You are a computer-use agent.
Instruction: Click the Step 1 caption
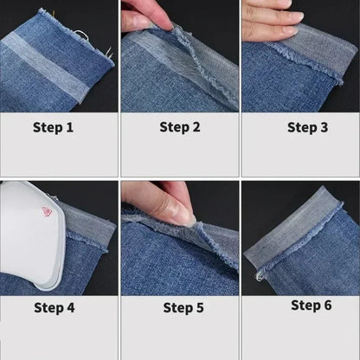coord(53,127)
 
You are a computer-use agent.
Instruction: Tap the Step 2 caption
coord(180,127)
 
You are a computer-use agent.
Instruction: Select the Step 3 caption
coord(307,127)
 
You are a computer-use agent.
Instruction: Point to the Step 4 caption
coord(55,308)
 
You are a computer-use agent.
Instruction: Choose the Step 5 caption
coord(183,308)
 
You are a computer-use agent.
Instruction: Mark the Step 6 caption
coord(312,305)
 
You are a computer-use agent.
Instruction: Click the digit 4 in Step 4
coord(70,308)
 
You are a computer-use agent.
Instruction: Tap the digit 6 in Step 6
coord(328,305)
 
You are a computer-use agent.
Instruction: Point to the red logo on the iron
coord(47,211)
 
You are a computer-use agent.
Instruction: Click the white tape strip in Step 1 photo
coord(43,67)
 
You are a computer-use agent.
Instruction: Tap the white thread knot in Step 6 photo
coord(259,277)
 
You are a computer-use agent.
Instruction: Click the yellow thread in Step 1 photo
coord(53,13)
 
